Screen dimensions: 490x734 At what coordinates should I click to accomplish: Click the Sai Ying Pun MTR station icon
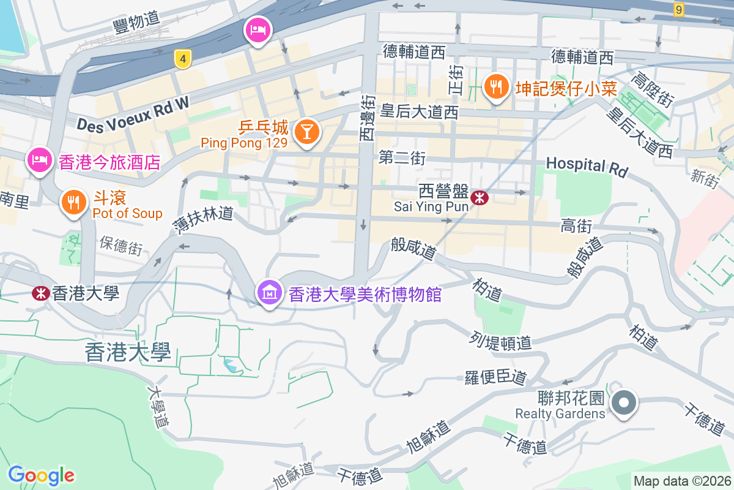(480, 197)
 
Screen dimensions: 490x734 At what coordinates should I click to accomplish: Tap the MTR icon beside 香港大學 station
(41, 293)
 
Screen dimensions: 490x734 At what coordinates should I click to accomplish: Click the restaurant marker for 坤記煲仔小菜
(495, 88)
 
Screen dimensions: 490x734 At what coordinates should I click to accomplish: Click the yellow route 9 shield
(678, 9)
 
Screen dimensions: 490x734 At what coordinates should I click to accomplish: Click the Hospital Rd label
(587, 166)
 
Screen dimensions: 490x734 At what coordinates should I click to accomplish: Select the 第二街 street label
(402, 158)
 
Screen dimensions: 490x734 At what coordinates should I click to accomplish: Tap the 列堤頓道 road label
(500, 342)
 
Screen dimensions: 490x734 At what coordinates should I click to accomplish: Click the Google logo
(41, 475)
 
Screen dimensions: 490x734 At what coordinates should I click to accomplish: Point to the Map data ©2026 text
(682, 481)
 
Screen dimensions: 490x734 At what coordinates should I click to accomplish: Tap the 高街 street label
(576, 227)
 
